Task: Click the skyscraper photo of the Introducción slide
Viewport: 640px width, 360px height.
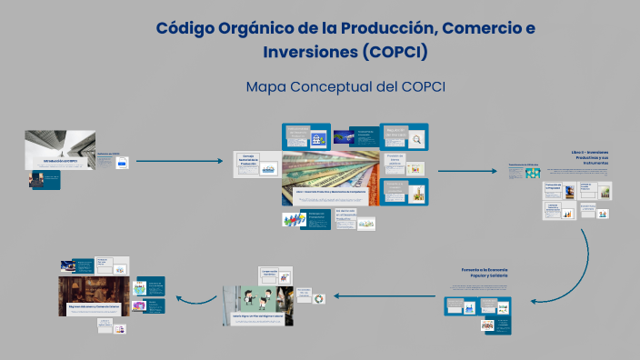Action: click(60, 151)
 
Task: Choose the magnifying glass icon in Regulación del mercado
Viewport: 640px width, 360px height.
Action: click(416, 139)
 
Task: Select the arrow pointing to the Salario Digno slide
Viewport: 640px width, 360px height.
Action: click(364, 296)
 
